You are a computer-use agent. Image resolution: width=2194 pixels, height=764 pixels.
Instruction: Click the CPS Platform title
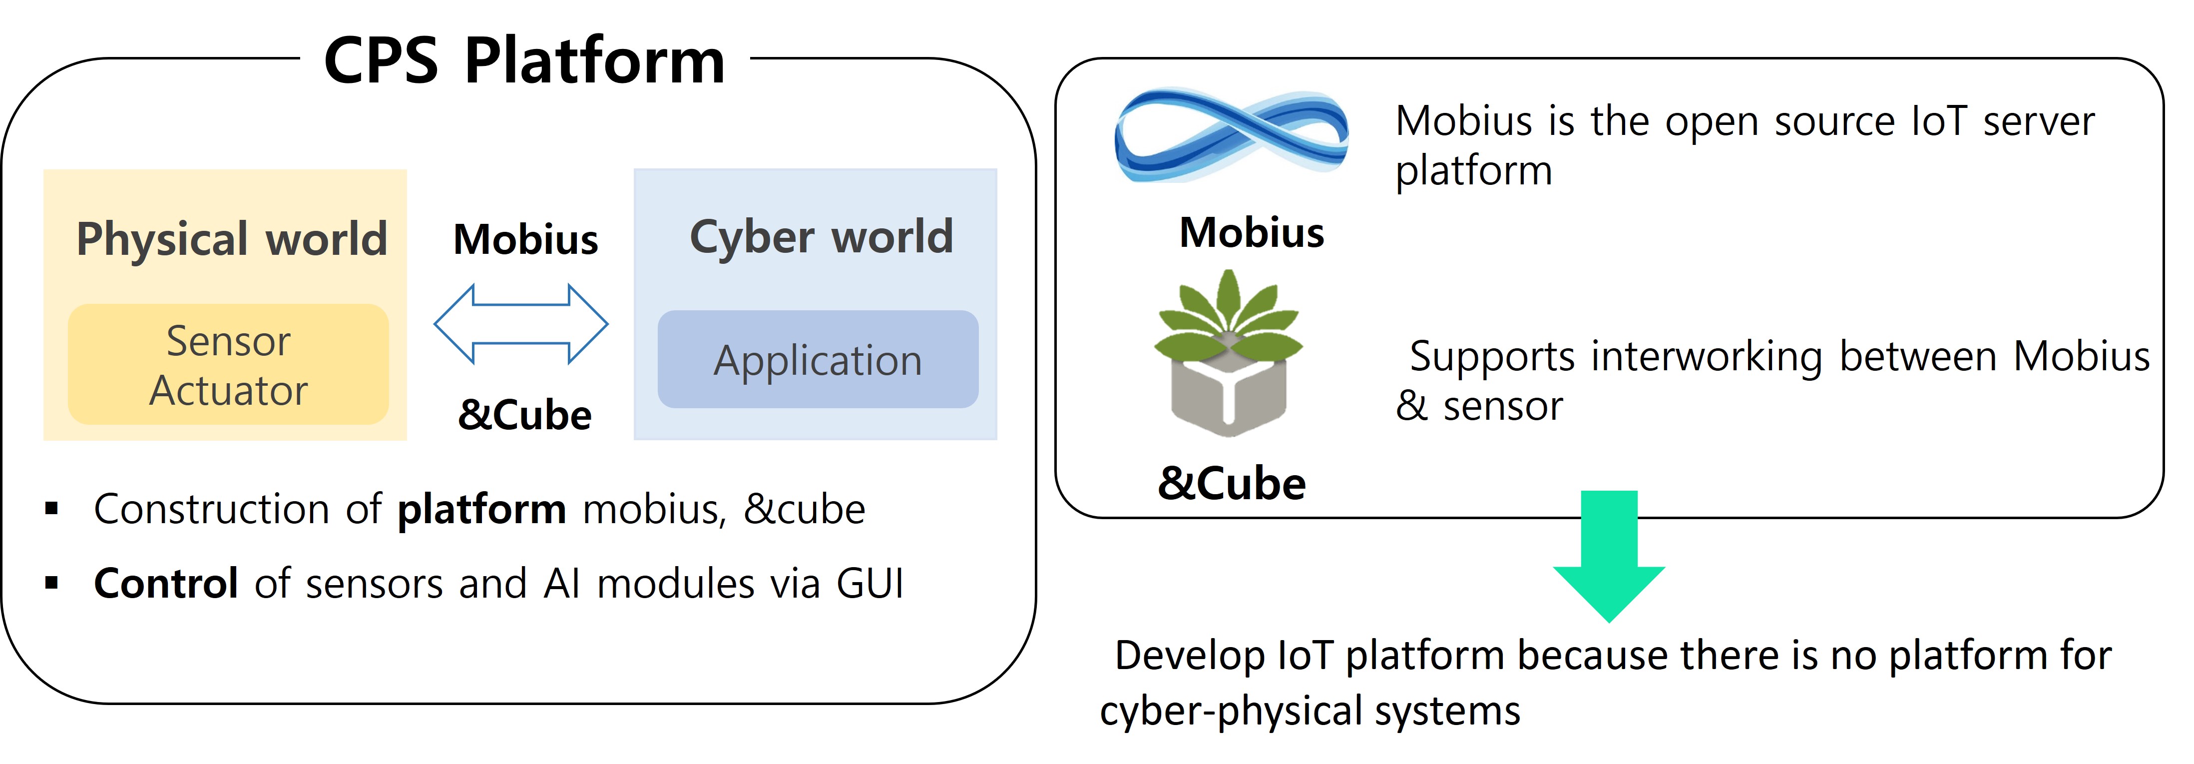click(524, 61)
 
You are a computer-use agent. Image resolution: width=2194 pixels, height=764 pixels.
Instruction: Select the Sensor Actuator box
click(228, 365)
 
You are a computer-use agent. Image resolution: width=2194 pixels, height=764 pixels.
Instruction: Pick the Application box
click(818, 359)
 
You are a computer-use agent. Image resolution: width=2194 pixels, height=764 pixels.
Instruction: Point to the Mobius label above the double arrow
click(525, 239)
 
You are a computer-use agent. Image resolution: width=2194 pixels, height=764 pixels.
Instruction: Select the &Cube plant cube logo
click(1228, 353)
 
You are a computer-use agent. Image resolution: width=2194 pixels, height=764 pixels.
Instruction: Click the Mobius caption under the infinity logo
click(1251, 232)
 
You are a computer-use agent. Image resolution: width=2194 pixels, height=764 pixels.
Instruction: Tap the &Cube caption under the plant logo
click(1232, 484)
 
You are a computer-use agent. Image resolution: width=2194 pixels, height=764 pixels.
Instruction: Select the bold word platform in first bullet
click(482, 509)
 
